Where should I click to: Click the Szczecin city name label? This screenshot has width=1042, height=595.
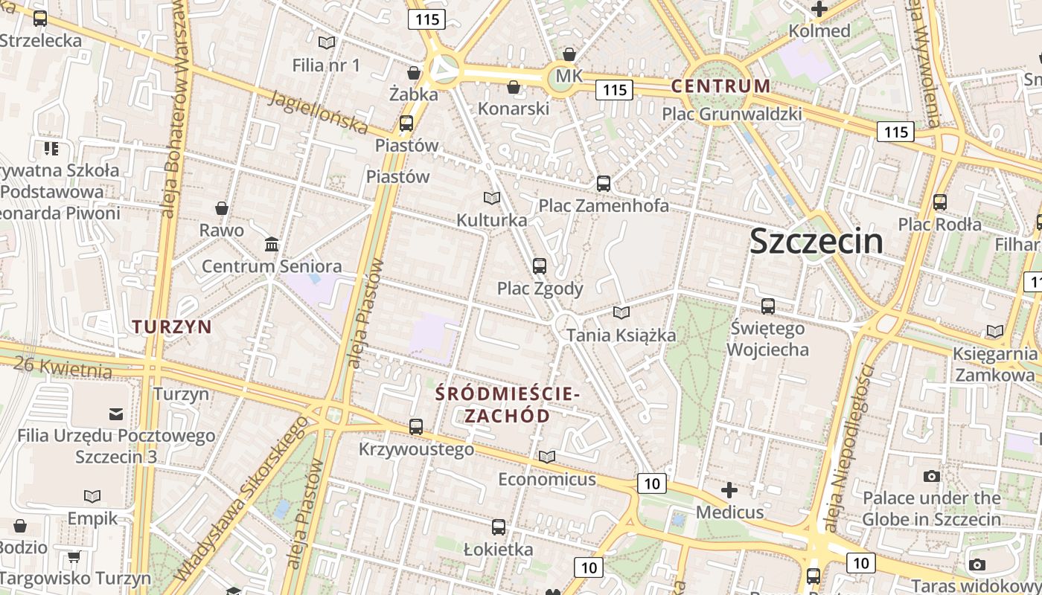click(816, 241)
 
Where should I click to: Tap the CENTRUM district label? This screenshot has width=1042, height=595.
click(720, 86)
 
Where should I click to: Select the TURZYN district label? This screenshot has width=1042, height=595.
click(172, 326)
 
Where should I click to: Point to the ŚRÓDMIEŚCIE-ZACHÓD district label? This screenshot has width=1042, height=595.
click(507, 404)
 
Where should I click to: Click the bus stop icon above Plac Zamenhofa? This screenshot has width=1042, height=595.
click(604, 183)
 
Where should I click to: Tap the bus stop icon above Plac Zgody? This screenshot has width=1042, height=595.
click(540, 266)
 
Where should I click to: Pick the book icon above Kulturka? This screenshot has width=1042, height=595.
click(491, 198)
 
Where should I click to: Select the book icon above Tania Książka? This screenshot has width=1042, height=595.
click(621, 313)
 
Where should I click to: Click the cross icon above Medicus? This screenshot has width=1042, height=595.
click(729, 490)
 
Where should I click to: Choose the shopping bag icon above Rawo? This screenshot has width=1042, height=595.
click(221, 208)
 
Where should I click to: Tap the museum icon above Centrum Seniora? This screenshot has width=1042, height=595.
click(272, 244)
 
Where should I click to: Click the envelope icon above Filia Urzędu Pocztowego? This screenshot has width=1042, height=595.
click(116, 414)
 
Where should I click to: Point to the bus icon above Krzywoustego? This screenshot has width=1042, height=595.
click(416, 427)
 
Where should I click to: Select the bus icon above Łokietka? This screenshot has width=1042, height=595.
click(499, 527)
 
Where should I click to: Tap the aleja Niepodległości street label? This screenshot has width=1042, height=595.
click(848, 446)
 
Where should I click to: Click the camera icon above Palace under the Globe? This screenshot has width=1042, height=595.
click(931, 476)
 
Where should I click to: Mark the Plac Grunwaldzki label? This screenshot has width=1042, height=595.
click(732, 114)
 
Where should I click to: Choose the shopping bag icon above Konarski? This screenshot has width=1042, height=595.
click(513, 88)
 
